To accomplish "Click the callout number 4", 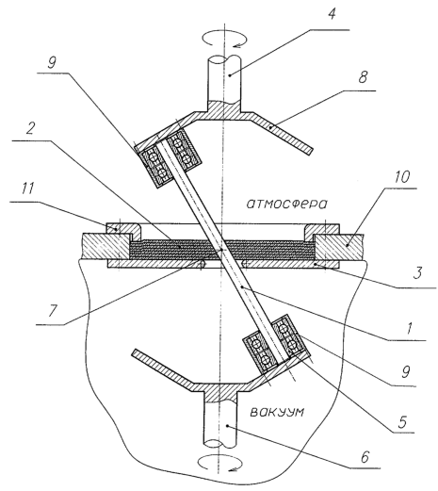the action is click(x=333, y=14).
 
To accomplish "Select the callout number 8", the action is click(x=363, y=77).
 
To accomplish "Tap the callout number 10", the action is click(x=401, y=177).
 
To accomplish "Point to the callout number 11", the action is click(x=28, y=189).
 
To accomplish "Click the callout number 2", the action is click(x=30, y=128).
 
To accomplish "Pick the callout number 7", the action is click(x=53, y=311).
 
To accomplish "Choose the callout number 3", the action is click(x=417, y=272).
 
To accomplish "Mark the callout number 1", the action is click(x=409, y=328).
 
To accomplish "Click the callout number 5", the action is click(x=402, y=421).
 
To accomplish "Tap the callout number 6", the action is click(x=365, y=457).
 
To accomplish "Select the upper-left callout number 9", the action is click(x=52, y=63).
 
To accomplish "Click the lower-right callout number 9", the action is click(x=406, y=371).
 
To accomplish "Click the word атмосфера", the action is click(x=286, y=205).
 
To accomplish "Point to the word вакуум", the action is click(x=277, y=412).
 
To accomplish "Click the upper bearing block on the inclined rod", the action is click(x=170, y=156).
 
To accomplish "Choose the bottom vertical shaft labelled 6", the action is click(x=220, y=420).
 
